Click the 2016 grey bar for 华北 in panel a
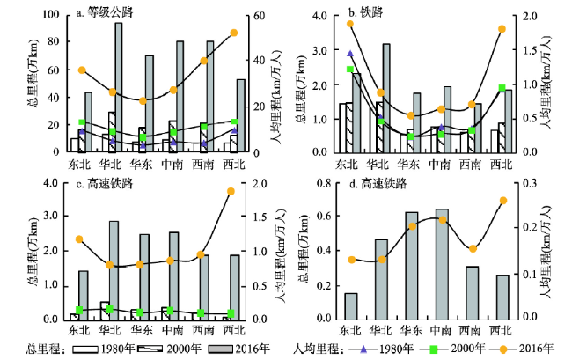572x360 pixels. (118, 88)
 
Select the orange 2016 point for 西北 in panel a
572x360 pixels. (235, 33)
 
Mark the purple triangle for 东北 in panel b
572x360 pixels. (350, 55)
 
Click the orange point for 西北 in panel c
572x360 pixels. (231, 191)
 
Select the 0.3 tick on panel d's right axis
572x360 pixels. (546, 183)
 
